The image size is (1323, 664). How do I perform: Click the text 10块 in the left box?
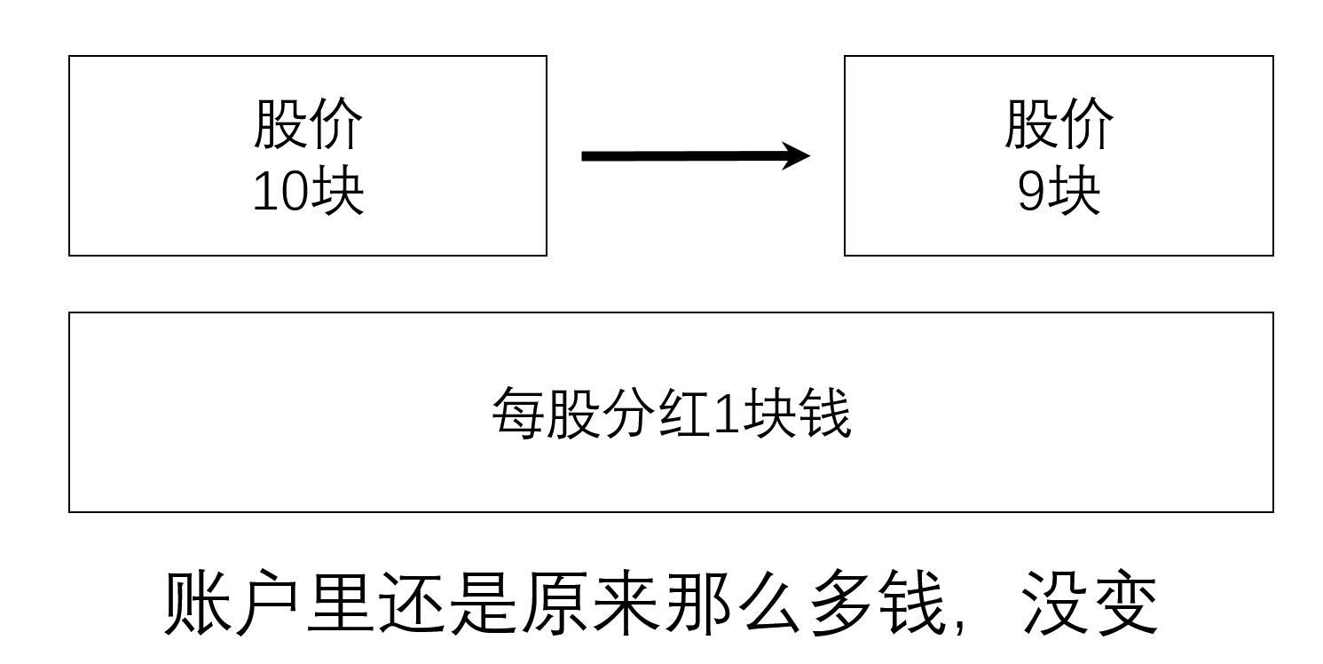click(x=308, y=192)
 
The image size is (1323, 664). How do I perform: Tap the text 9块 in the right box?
click(x=1058, y=192)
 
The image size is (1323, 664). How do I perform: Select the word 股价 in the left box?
click(x=308, y=123)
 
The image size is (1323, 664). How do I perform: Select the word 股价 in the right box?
click(x=1059, y=123)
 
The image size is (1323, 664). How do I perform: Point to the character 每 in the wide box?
click(x=517, y=413)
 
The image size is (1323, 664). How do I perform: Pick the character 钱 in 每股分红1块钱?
click(x=824, y=413)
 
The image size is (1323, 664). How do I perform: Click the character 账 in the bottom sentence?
click(x=197, y=604)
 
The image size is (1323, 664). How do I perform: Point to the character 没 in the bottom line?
click(x=1056, y=604)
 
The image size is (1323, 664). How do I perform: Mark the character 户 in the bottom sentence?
click(x=269, y=604)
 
